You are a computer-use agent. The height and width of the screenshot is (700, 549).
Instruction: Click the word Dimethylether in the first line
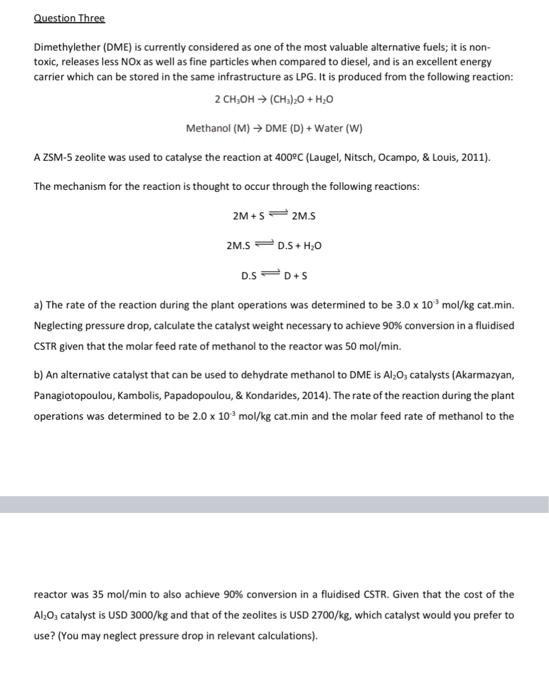62,47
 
